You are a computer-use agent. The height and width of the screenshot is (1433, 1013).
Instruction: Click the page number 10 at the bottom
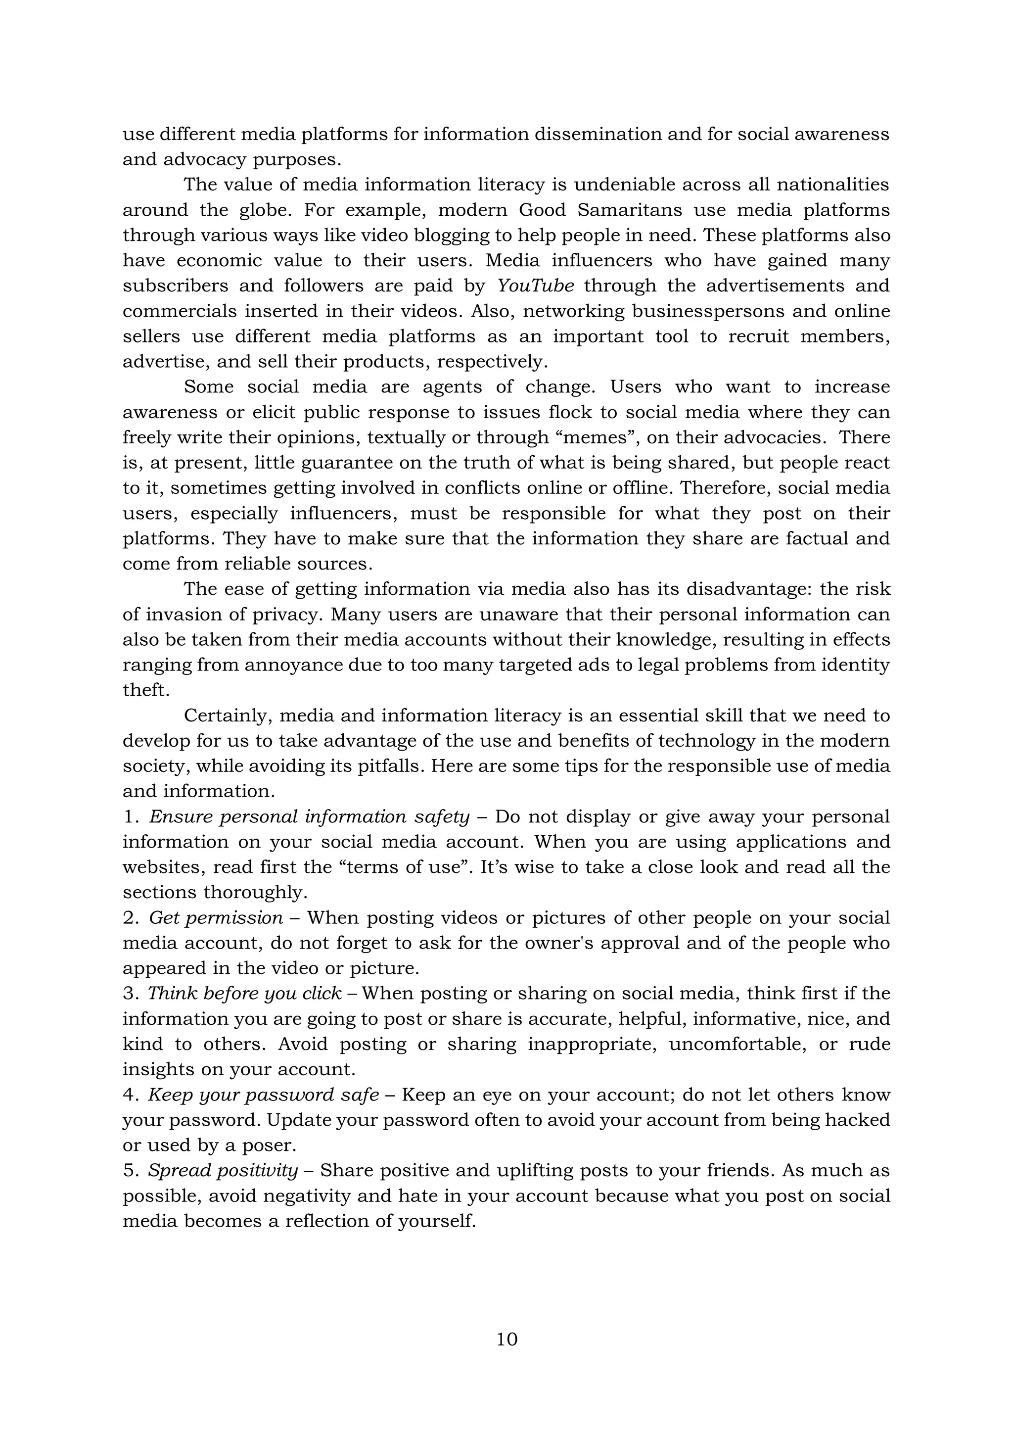(506, 1339)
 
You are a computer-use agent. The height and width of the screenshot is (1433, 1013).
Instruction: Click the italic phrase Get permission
(216, 917)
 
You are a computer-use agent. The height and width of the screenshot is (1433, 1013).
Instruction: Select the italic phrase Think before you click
(244, 993)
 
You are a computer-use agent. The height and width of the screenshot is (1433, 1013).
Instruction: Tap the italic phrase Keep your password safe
(263, 1094)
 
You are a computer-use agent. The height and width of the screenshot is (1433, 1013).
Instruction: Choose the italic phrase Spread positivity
(223, 1170)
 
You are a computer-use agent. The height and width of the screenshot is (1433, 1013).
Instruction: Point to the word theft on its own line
(146, 690)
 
